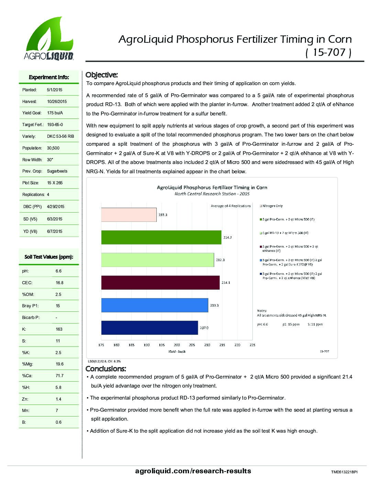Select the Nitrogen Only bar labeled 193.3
[x=129, y=215]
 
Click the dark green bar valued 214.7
[x=161, y=237]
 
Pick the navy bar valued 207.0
[x=150, y=328]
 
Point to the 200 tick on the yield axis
[x=177, y=344]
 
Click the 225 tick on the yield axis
[x=252, y=344]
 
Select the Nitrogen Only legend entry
[x=272, y=206]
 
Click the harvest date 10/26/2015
[x=57, y=102]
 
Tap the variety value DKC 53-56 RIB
[x=60, y=136]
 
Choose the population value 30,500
[x=53, y=148]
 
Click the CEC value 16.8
[x=59, y=283]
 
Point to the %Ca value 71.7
[x=59, y=376]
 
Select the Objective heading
[x=102, y=75]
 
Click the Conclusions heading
[x=106, y=369]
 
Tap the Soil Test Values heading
[x=49, y=257]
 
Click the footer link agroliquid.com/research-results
[x=194, y=471]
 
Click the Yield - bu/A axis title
[x=177, y=351]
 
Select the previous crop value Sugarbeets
[x=57, y=171]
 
